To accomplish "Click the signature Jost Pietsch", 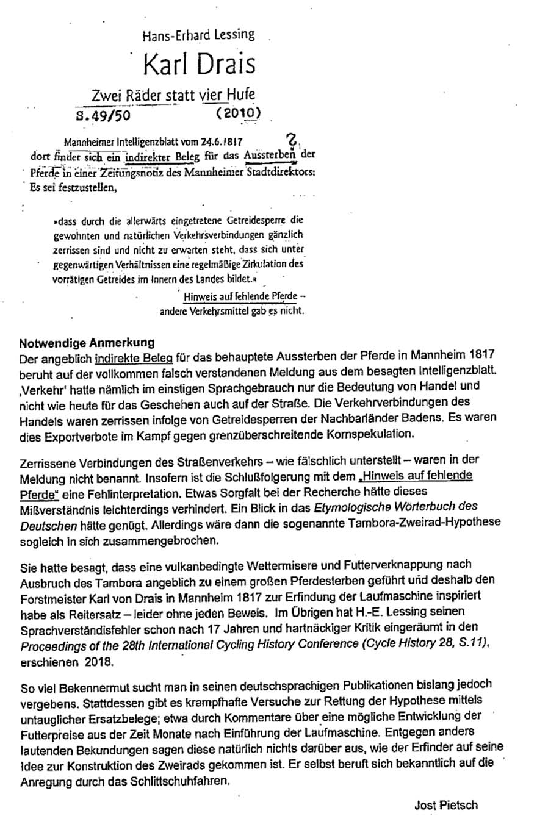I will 444,805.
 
